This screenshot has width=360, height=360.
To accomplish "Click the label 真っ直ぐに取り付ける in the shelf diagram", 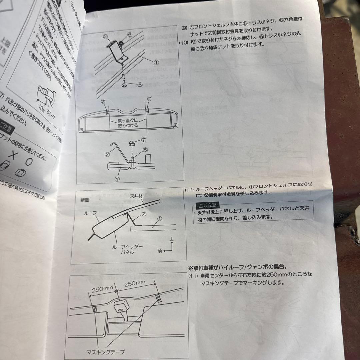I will point(128,123).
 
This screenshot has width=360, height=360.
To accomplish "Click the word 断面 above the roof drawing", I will point(85,200).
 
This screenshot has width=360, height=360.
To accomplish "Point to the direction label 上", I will point(172,239).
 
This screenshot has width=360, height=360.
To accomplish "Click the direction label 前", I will point(160,251).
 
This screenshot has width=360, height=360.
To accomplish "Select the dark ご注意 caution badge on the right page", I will point(206,205).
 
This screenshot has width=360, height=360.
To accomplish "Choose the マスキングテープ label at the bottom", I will point(107,352).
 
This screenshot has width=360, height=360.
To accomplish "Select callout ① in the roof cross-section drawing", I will point(159,219).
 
